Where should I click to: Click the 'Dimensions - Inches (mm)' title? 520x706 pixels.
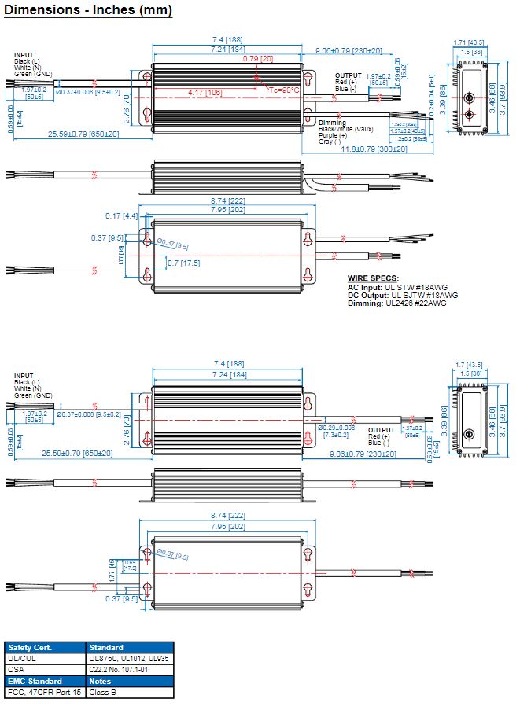pos(87,10)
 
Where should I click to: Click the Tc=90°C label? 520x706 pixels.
pos(285,90)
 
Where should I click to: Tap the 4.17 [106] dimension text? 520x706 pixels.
pos(205,93)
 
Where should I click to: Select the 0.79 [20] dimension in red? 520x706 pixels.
pos(258,59)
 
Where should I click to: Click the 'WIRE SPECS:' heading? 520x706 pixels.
pos(373,278)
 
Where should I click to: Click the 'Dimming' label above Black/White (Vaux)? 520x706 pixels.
pos(332,123)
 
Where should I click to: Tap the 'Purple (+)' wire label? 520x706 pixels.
pos(333,135)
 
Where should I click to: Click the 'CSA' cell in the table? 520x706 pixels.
pos(17,669)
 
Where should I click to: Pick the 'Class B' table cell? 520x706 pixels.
pos(105,693)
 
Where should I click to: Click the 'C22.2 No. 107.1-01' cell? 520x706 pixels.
pos(124,669)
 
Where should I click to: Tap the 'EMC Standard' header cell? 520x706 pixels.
pos(35,681)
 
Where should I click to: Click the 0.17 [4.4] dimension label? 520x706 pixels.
pos(122,215)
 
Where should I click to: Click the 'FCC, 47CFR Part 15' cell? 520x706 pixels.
pos(44,693)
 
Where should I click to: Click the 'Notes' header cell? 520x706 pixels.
pos(101,681)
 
